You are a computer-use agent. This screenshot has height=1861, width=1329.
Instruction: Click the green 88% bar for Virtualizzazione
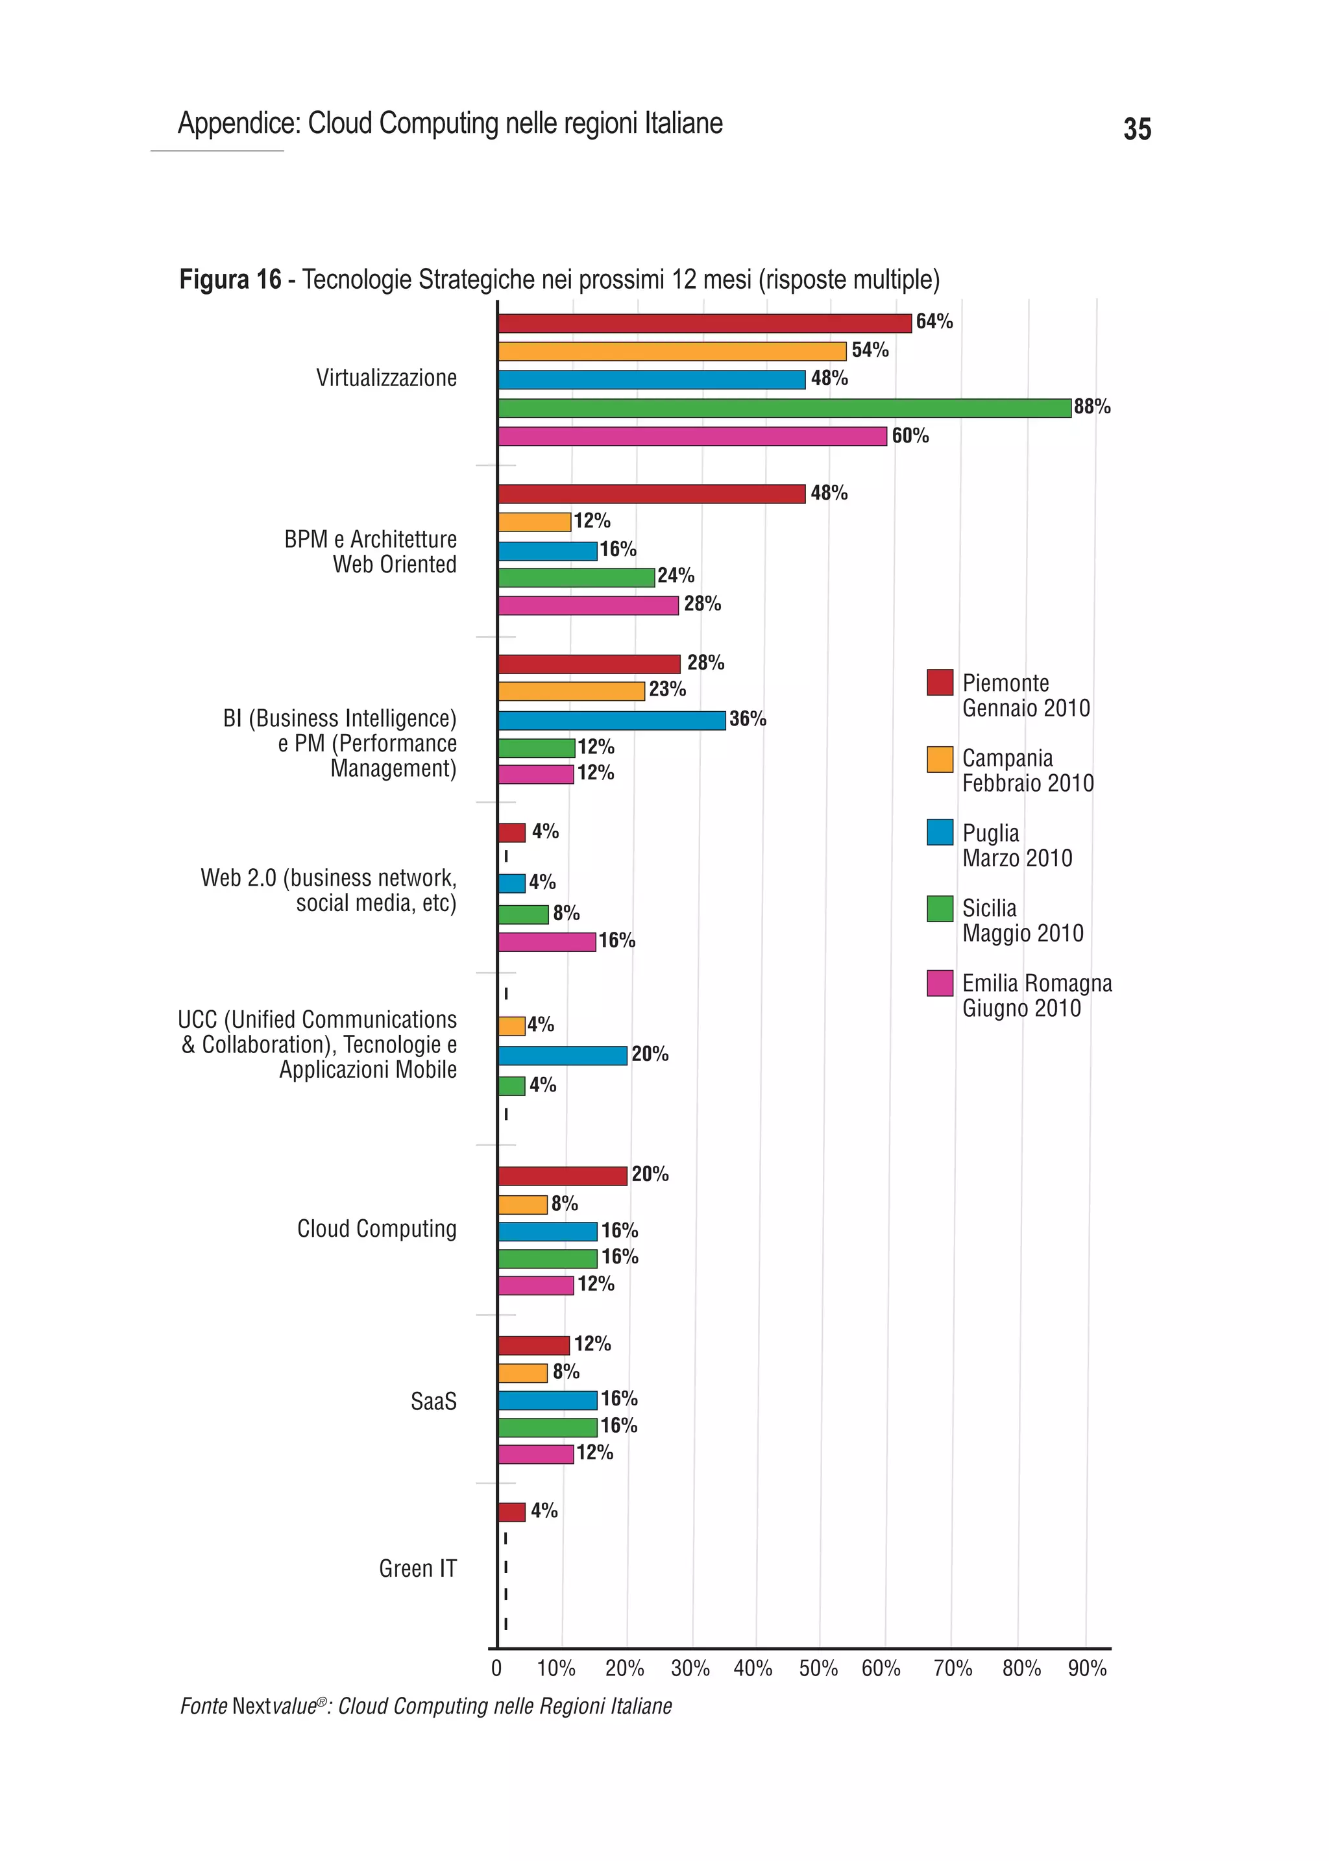(x=784, y=407)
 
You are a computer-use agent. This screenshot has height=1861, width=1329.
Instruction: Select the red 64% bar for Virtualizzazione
(x=704, y=323)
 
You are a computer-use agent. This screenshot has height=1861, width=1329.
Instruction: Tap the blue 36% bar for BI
(x=611, y=720)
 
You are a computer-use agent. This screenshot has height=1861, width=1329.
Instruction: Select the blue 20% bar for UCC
(x=562, y=1056)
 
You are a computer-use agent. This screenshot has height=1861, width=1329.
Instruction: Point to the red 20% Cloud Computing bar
(x=562, y=1176)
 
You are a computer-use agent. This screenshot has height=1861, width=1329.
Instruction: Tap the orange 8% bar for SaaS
(x=522, y=1373)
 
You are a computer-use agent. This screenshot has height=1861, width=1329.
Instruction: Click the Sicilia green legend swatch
(x=940, y=908)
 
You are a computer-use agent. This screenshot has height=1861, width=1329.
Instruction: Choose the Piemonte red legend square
(x=940, y=683)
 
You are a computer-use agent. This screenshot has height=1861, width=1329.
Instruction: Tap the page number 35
(x=1137, y=129)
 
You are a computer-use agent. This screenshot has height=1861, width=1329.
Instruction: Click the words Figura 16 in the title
(x=230, y=280)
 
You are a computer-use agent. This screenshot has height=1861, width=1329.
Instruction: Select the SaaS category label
(x=433, y=1401)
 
